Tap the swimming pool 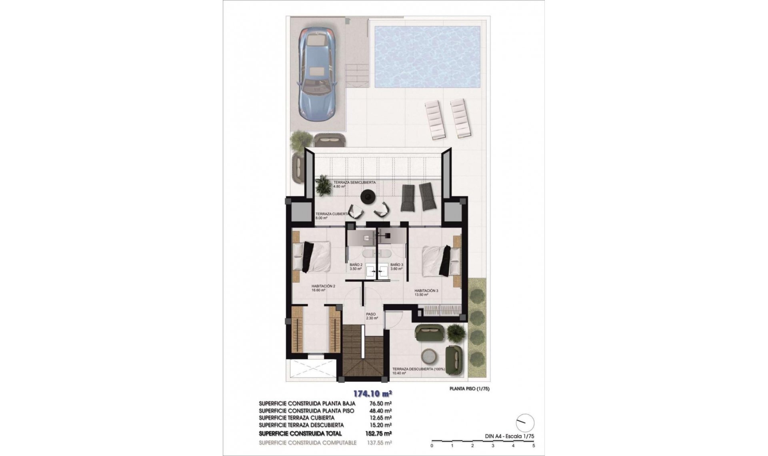(x=427, y=57)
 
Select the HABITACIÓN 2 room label (x=323, y=286)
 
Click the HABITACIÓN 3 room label (x=426, y=291)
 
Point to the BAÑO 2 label (x=356, y=265)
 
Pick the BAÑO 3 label (x=396, y=265)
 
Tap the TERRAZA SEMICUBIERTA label (x=354, y=182)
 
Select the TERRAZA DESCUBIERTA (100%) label (x=418, y=369)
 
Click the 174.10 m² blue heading (x=372, y=393)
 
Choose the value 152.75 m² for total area (x=378, y=434)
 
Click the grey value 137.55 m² (x=379, y=443)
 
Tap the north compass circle (x=525, y=423)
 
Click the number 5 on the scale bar (x=534, y=446)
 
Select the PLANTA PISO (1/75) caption (x=469, y=388)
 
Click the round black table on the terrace (x=367, y=196)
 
